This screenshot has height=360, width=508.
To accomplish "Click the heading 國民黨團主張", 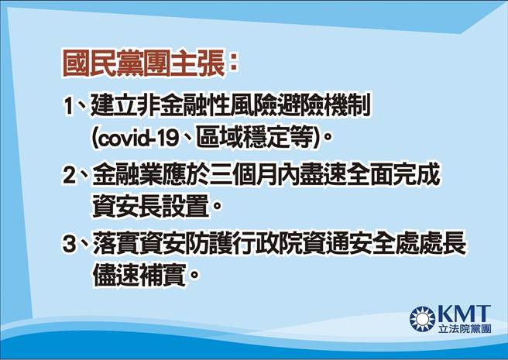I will point(144,63).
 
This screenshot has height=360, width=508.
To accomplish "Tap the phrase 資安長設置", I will point(148,207).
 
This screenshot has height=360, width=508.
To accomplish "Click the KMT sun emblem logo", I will point(423,317).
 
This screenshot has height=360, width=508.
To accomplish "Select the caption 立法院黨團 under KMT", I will point(464,329).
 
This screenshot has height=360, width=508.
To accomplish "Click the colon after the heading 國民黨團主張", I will point(233,63).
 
